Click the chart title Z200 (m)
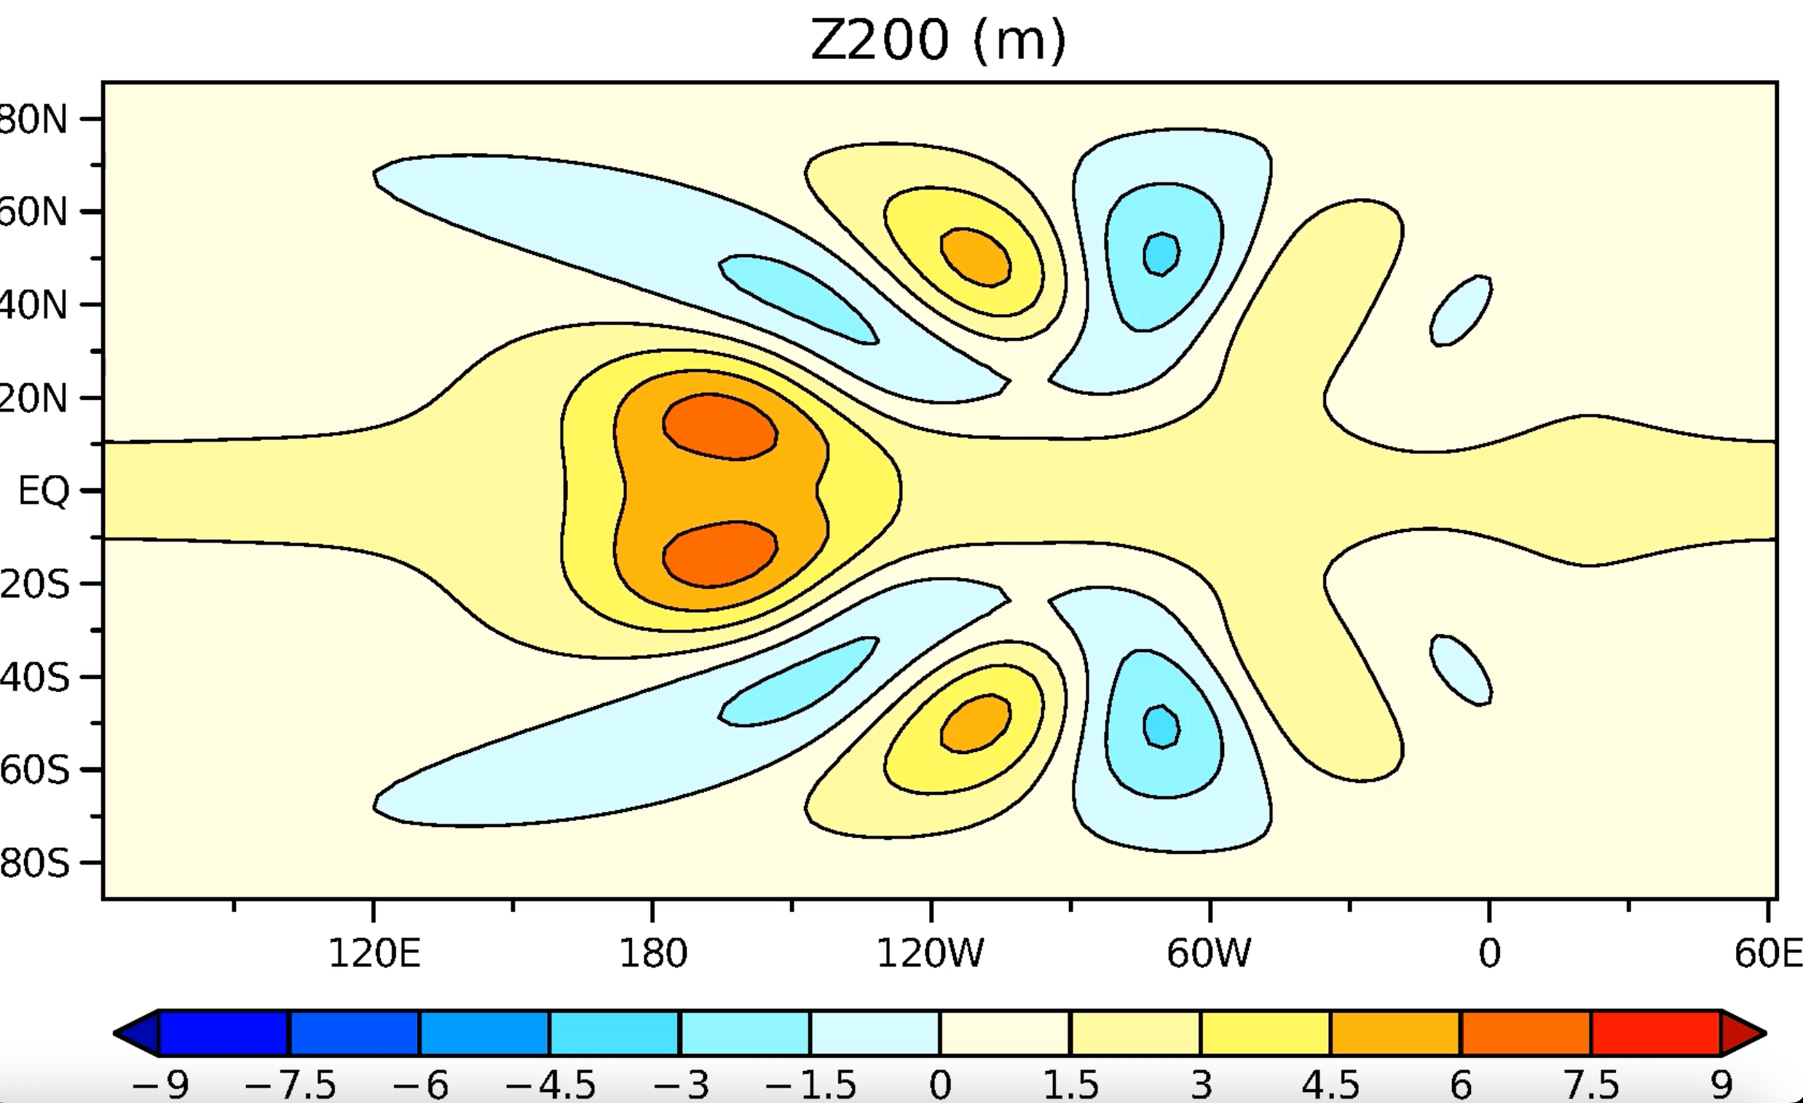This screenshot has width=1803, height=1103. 938,39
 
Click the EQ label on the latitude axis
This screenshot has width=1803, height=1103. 43,490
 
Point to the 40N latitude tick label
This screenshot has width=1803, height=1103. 33,305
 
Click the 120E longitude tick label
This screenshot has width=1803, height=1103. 374,953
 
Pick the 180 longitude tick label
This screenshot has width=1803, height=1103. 652,953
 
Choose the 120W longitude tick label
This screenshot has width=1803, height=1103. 930,953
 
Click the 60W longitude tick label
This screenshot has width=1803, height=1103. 1209,953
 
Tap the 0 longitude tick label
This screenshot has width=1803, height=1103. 1489,953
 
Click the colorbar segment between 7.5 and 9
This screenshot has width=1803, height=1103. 1655,1033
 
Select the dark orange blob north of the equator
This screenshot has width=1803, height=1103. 719,428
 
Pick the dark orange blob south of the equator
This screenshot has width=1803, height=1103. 719,554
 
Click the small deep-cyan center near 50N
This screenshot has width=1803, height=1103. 1161,254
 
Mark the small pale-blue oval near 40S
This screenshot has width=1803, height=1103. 1461,670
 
